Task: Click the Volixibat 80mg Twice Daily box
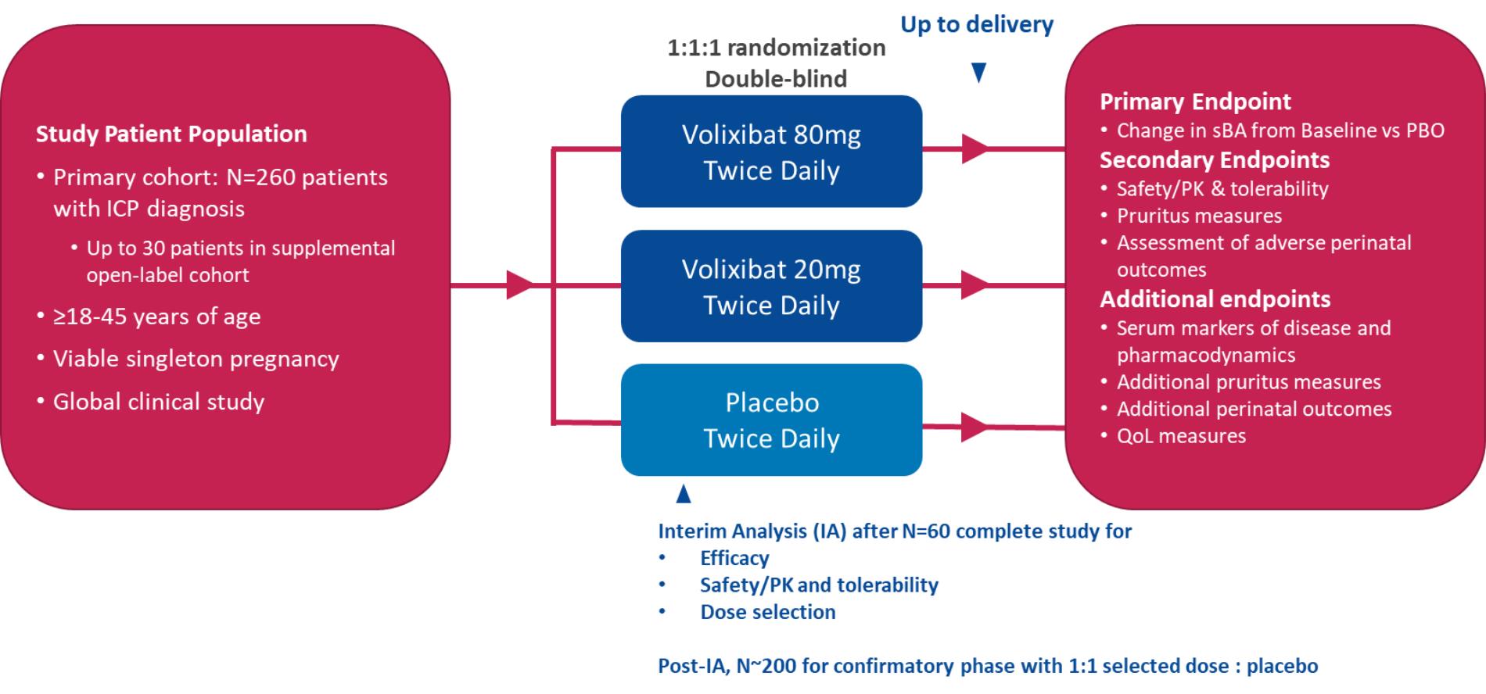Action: (771, 152)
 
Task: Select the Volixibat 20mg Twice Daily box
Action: (771, 286)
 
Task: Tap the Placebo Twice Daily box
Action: (771, 420)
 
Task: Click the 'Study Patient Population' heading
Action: (171, 134)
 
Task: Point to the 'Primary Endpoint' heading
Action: (1195, 102)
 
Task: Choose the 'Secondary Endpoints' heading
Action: (1214, 159)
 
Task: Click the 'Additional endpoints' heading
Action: (1215, 299)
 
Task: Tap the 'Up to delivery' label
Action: (977, 24)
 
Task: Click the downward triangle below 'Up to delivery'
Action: (978, 73)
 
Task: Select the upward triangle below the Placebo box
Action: (684, 494)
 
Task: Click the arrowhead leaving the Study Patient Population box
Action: (519, 284)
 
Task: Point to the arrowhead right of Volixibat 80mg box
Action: (974, 148)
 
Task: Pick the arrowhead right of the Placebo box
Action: (974, 427)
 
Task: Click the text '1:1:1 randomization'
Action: (776, 48)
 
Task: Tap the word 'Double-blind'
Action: (776, 79)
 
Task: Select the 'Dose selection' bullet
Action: (767, 612)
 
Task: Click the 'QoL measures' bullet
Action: (1181, 436)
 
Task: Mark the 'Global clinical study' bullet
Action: (159, 402)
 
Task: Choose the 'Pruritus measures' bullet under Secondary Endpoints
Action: (1199, 216)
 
